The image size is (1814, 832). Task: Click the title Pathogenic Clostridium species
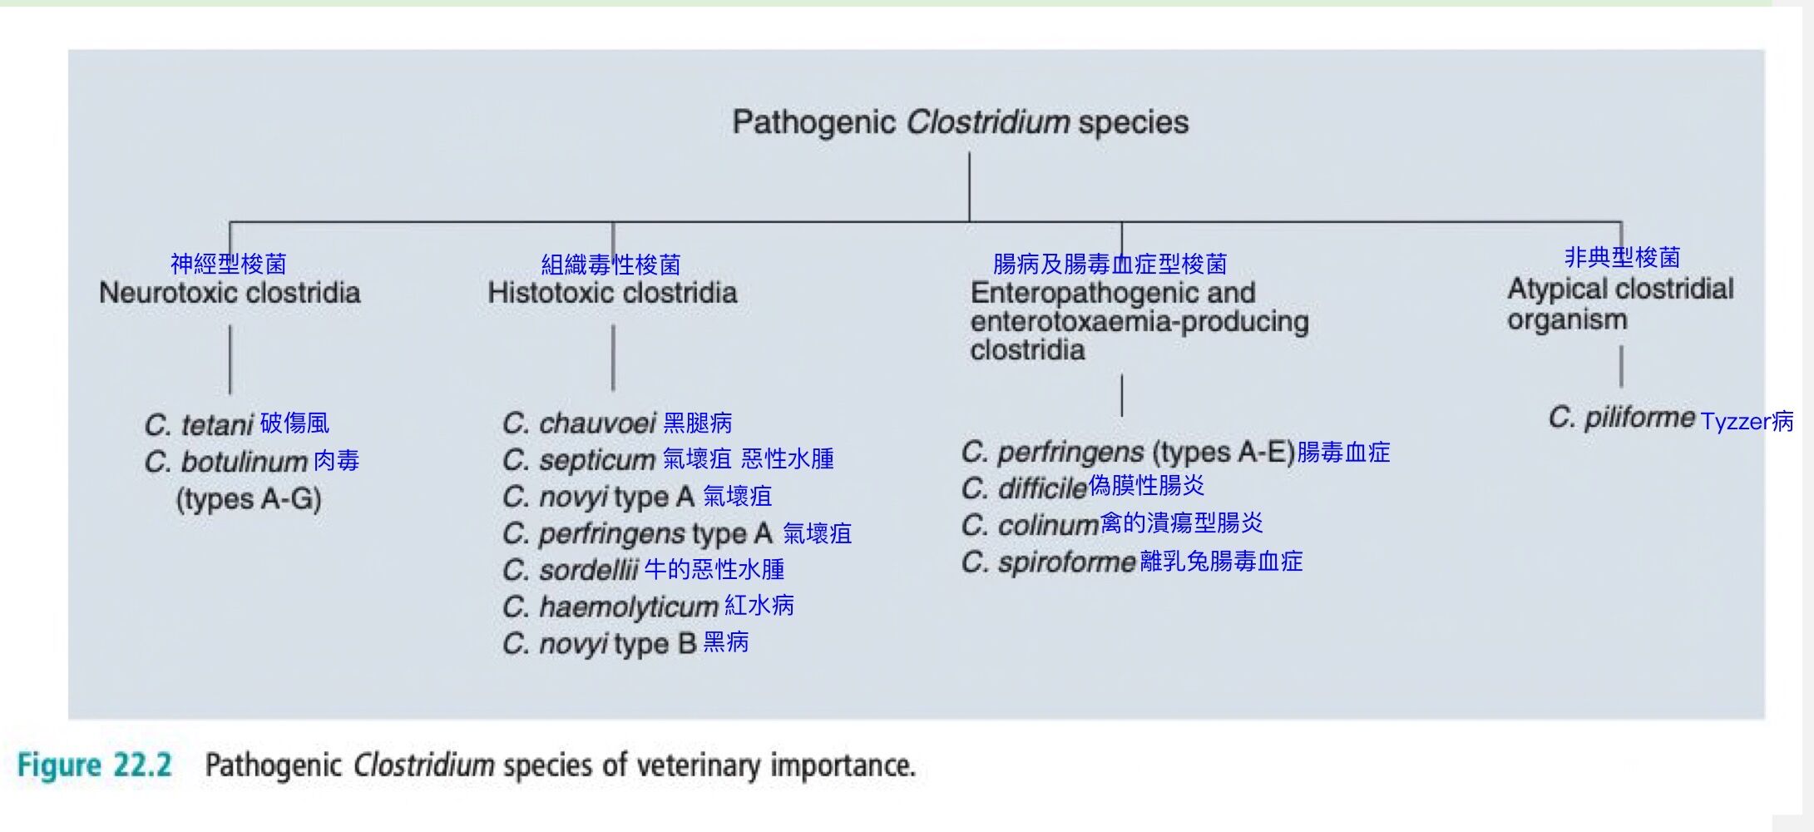(960, 122)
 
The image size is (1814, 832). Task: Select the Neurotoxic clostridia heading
(230, 293)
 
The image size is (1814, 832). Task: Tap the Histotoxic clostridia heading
(612, 293)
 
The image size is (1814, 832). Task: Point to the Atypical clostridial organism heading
(1620, 304)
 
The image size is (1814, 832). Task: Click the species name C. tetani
(199, 425)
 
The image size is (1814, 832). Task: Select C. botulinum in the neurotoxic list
(226, 462)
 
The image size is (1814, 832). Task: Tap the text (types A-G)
(249, 499)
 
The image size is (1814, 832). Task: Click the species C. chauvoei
(580, 423)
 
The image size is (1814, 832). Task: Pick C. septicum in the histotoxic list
(580, 460)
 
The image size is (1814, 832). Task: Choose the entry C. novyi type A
(599, 497)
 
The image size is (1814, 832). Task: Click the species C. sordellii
(571, 571)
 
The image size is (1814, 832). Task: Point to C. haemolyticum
(610, 607)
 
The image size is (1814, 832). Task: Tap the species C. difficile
(1024, 488)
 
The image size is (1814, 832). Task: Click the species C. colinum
(1031, 525)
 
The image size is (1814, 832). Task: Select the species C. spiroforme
(1049, 562)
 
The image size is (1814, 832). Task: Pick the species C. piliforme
(1622, 418)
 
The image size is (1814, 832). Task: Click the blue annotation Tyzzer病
(1747, 422)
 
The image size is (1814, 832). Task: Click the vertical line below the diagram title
(969, 187)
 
